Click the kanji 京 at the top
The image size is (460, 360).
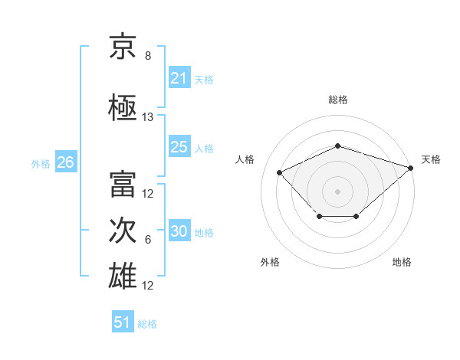click(x=123, y=46)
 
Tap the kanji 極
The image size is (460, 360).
click(x=123, y=107)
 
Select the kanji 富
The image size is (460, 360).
click(x=123, y=184)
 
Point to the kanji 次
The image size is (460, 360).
click(x=123, y=230)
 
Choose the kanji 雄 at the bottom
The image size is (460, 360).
click(x=123, y=276)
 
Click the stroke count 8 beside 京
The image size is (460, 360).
click(x=148, y=56)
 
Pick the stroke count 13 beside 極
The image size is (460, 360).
click(x=147, y=117)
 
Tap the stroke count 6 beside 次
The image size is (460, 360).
click(x=148, y=240)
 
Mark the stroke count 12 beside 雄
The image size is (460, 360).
click(x=147, y=286)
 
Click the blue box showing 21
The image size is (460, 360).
click(x=179, y=77)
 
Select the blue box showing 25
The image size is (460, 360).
click(x=179, y=146)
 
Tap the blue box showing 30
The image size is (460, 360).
click(x=179, y=230)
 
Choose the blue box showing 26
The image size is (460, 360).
click(x=66, y=162)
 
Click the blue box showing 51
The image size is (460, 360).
click(x=123, y=321)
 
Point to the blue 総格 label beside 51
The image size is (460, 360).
click(x=147, y=324)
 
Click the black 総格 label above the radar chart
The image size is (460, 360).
click(x=338, y=100)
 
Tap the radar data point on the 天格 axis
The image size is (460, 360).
click(x=411, y=168)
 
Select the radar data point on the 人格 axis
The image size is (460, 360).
click(x=280, y=172)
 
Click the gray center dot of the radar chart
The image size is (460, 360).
click(x=337, y=191)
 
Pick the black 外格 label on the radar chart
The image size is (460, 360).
click(x=270, y=262)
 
